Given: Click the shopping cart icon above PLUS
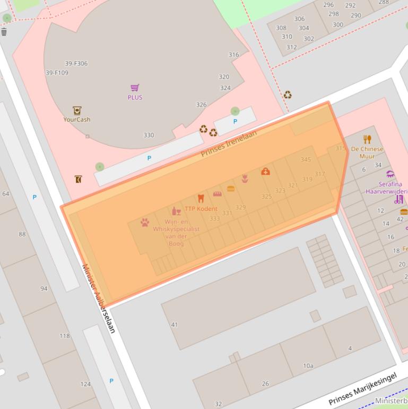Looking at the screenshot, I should [135, 88].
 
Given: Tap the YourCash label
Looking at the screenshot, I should [77, 120].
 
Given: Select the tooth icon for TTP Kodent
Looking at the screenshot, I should [201, 199].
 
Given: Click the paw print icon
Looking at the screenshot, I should [145, 222].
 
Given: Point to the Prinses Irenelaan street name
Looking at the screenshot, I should [229, 143].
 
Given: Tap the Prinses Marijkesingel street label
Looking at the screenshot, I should [362, 389].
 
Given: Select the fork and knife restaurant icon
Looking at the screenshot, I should [367, 140].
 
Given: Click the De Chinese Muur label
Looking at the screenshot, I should [367, 152].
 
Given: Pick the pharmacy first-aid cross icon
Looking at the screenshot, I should [265, 171].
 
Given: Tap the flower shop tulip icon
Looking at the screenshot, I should [245, 178].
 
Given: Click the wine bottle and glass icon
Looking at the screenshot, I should [176, 211].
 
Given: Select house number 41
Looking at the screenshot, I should [175, 325].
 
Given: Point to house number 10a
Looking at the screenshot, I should [308, 366].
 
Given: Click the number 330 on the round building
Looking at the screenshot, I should [149, 135].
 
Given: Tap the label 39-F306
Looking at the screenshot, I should [76, 64].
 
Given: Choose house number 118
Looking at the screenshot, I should [65, 336].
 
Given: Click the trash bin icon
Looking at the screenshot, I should [4, 32].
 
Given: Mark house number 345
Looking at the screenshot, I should [306, 159].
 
